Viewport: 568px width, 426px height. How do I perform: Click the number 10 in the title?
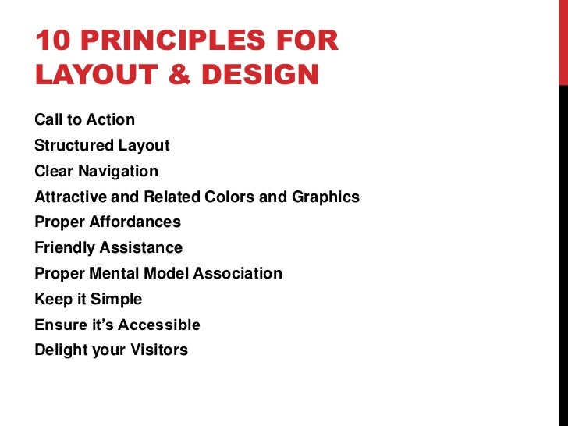(51, 41)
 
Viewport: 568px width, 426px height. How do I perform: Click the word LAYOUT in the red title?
(98, 75)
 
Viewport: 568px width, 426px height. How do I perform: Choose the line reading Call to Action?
(85, 120)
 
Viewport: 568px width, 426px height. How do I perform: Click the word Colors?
(229, 197)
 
